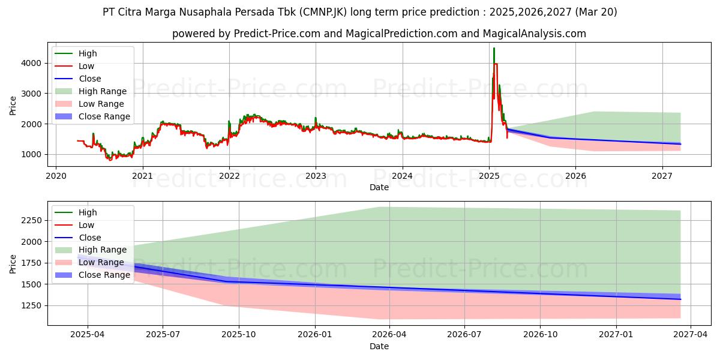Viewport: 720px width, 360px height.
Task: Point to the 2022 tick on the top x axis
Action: pos(229,167)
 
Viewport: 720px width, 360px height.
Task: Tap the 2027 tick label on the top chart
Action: pos(662,176)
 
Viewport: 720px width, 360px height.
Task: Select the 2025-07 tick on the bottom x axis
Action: pos(163,326)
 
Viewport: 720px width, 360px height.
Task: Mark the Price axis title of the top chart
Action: pos(13,105)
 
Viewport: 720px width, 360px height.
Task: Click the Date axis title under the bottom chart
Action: pos(379,346)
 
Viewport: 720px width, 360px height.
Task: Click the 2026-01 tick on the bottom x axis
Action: pos(314,326)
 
